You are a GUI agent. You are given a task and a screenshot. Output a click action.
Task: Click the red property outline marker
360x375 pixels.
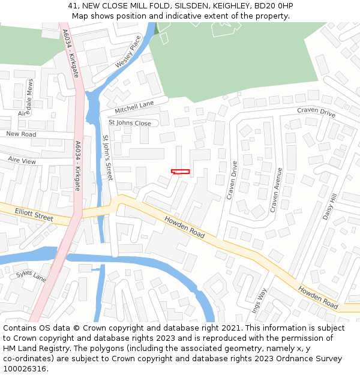pyautogui.click(x=180, y=172)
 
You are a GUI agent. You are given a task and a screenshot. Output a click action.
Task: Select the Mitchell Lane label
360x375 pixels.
pyautogui.click(x=134, y=107)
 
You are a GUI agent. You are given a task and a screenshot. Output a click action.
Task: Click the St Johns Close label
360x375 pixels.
pyautogui.click(x=130, y=123)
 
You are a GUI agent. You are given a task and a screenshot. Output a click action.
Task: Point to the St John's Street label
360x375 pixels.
pyautogui.click(x=107, y=158)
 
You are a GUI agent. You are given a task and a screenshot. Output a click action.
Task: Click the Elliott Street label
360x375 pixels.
pyautogui.click(x=34, y=214)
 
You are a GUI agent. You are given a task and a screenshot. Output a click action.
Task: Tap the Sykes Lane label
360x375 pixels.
pyautogui.click(x=31, y=277)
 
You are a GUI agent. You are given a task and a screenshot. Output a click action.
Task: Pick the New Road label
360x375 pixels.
pyautogui.click(x=21, y=134)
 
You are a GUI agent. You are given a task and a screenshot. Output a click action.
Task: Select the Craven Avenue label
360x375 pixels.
pyautogui.click(x=276, y=189)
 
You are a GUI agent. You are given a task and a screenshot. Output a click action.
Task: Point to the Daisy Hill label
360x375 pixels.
pyautogui.click(x=331, y=206)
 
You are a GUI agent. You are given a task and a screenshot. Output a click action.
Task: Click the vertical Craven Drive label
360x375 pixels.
pyautogui.click(x=233, y=179)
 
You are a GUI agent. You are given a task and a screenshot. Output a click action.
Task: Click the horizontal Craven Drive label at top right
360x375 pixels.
pyautogui.click(x=316, y=112)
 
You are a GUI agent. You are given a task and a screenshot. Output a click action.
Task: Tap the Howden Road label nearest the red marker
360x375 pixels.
pyautogui.click(x=184, y=226)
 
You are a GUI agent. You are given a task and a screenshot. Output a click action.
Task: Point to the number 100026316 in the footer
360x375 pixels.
pyautogui.click(x=25, y=369)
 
